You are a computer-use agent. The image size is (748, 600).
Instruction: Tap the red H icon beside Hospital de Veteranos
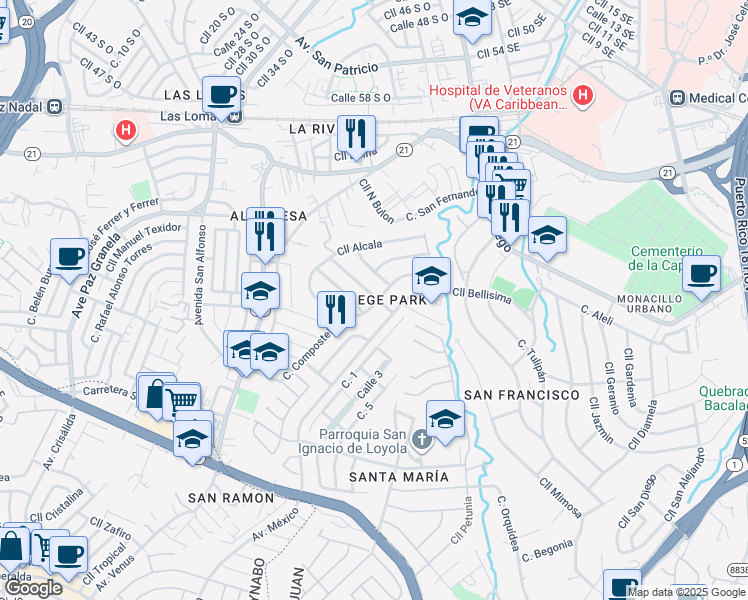pyautogui.click(x=583, y=96)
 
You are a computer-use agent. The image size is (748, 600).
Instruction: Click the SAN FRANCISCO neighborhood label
pyautogui.click(x=521, y=395)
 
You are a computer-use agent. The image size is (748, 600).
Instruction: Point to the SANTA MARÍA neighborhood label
pyautogui.click(x=398, y=477)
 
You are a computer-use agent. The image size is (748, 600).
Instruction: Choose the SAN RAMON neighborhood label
pyautogui.click(x=230, y=497)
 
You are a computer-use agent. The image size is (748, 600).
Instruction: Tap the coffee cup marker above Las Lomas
pyautogui.click(x=221, y=95)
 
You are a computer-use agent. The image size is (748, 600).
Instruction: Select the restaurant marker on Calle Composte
pyautogui.click(x=337, y=309)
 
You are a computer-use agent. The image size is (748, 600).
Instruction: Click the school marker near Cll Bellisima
pyautogui.click(x=432, y=275)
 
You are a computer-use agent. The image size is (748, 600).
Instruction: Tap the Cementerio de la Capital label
pyautogui.click(x=670, y=257)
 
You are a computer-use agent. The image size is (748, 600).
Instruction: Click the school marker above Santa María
pyautogui.click(x=445, y=418)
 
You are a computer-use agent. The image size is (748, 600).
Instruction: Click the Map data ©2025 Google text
pyautogui.click(x=686, y=592)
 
